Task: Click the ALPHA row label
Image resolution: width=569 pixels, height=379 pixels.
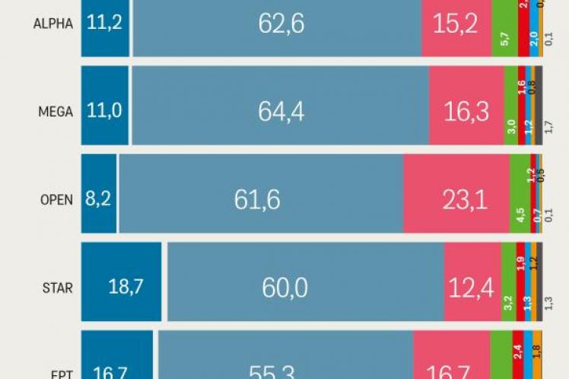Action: click(53, 24)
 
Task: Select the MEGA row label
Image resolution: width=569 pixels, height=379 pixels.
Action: click(55, 112)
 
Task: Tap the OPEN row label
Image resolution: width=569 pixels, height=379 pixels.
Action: click(56, 200)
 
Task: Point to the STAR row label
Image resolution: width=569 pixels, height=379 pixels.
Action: click(57, 288)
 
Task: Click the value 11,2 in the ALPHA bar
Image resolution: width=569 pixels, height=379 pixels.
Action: click(104, 24)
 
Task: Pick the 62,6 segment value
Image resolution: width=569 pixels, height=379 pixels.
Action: click(281, 24)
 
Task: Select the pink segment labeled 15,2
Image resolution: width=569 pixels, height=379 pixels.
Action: click(456, 24)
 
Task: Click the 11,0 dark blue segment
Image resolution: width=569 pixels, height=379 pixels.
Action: click(104, 112)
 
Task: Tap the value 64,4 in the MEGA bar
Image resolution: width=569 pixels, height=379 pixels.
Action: click(281, 112)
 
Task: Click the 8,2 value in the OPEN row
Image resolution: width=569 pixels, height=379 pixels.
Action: click(98, 200)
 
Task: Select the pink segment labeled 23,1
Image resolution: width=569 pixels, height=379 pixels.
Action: click(458, 200)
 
